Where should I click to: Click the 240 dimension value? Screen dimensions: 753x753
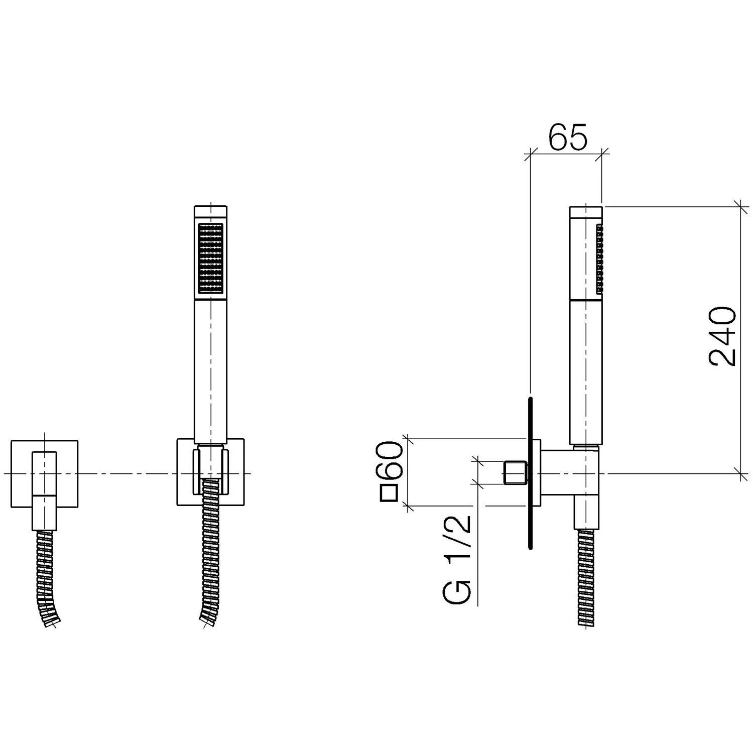click(723, 336)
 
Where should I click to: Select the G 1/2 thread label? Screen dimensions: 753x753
click(457, 559)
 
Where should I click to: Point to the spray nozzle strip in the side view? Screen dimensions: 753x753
click(599, 259)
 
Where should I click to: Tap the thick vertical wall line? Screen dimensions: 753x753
click(530, 473)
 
